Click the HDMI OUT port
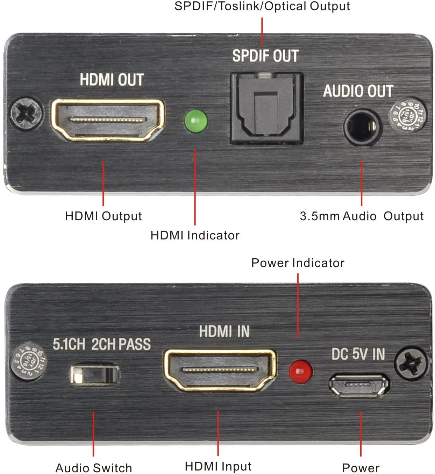point(108,120)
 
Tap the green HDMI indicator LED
point(196,121)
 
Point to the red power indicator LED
point(300,371)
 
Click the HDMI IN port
point(220,370)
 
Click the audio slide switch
point(94,375)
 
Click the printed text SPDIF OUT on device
point(265,56)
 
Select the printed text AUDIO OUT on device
point(358,91)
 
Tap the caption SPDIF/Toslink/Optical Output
point(262,6)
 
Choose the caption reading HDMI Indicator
point(195,235)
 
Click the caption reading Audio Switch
point(94,468)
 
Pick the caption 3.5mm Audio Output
point(362,216)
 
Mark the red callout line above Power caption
point(361,433)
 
